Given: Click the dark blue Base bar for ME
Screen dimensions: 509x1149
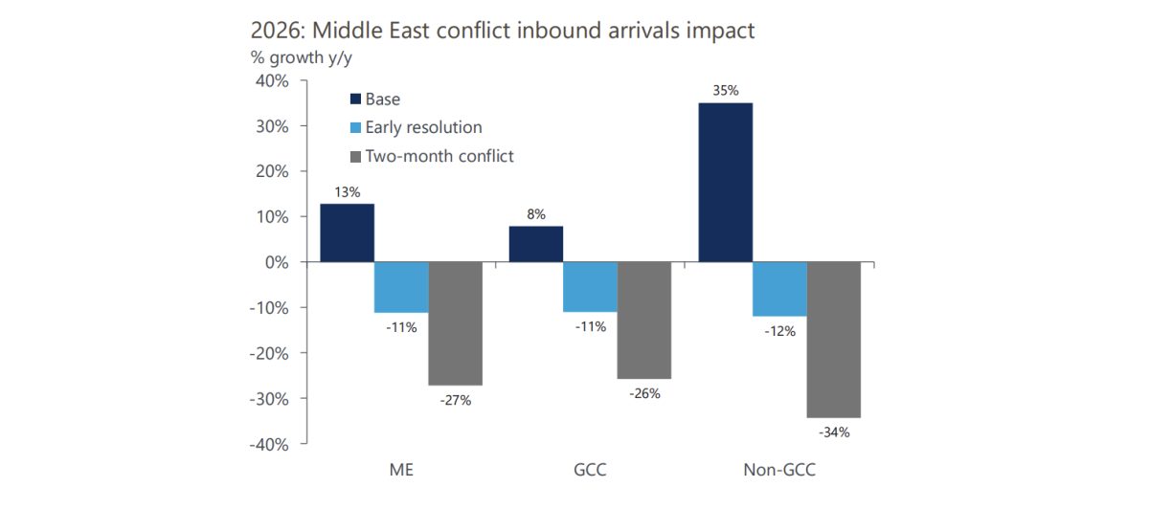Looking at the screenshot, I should coord(347,232).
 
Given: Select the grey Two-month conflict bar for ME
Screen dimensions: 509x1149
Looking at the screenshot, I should coord(455,323).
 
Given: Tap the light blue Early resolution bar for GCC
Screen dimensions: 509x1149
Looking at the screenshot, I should coord(590,287).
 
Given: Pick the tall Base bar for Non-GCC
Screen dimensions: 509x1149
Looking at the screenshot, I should coord(725,182).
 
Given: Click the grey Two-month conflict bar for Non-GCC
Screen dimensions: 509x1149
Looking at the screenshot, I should coord(834,340).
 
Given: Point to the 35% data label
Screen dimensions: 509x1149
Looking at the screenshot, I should coord(725,91).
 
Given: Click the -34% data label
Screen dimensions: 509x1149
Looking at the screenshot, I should coord(834,432).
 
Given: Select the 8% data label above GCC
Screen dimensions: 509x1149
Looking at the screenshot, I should coord(536,215).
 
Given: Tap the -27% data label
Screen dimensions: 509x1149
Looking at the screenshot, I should coord(455,400).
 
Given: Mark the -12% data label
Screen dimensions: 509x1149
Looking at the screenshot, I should coord(779,331).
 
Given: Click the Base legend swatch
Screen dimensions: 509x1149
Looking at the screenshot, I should coord(355,100).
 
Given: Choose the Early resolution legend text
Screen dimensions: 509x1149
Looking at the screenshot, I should coord(423,127).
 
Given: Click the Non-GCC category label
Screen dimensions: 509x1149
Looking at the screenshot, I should coord(779,471).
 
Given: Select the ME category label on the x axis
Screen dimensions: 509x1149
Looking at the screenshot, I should coord(401,471).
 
